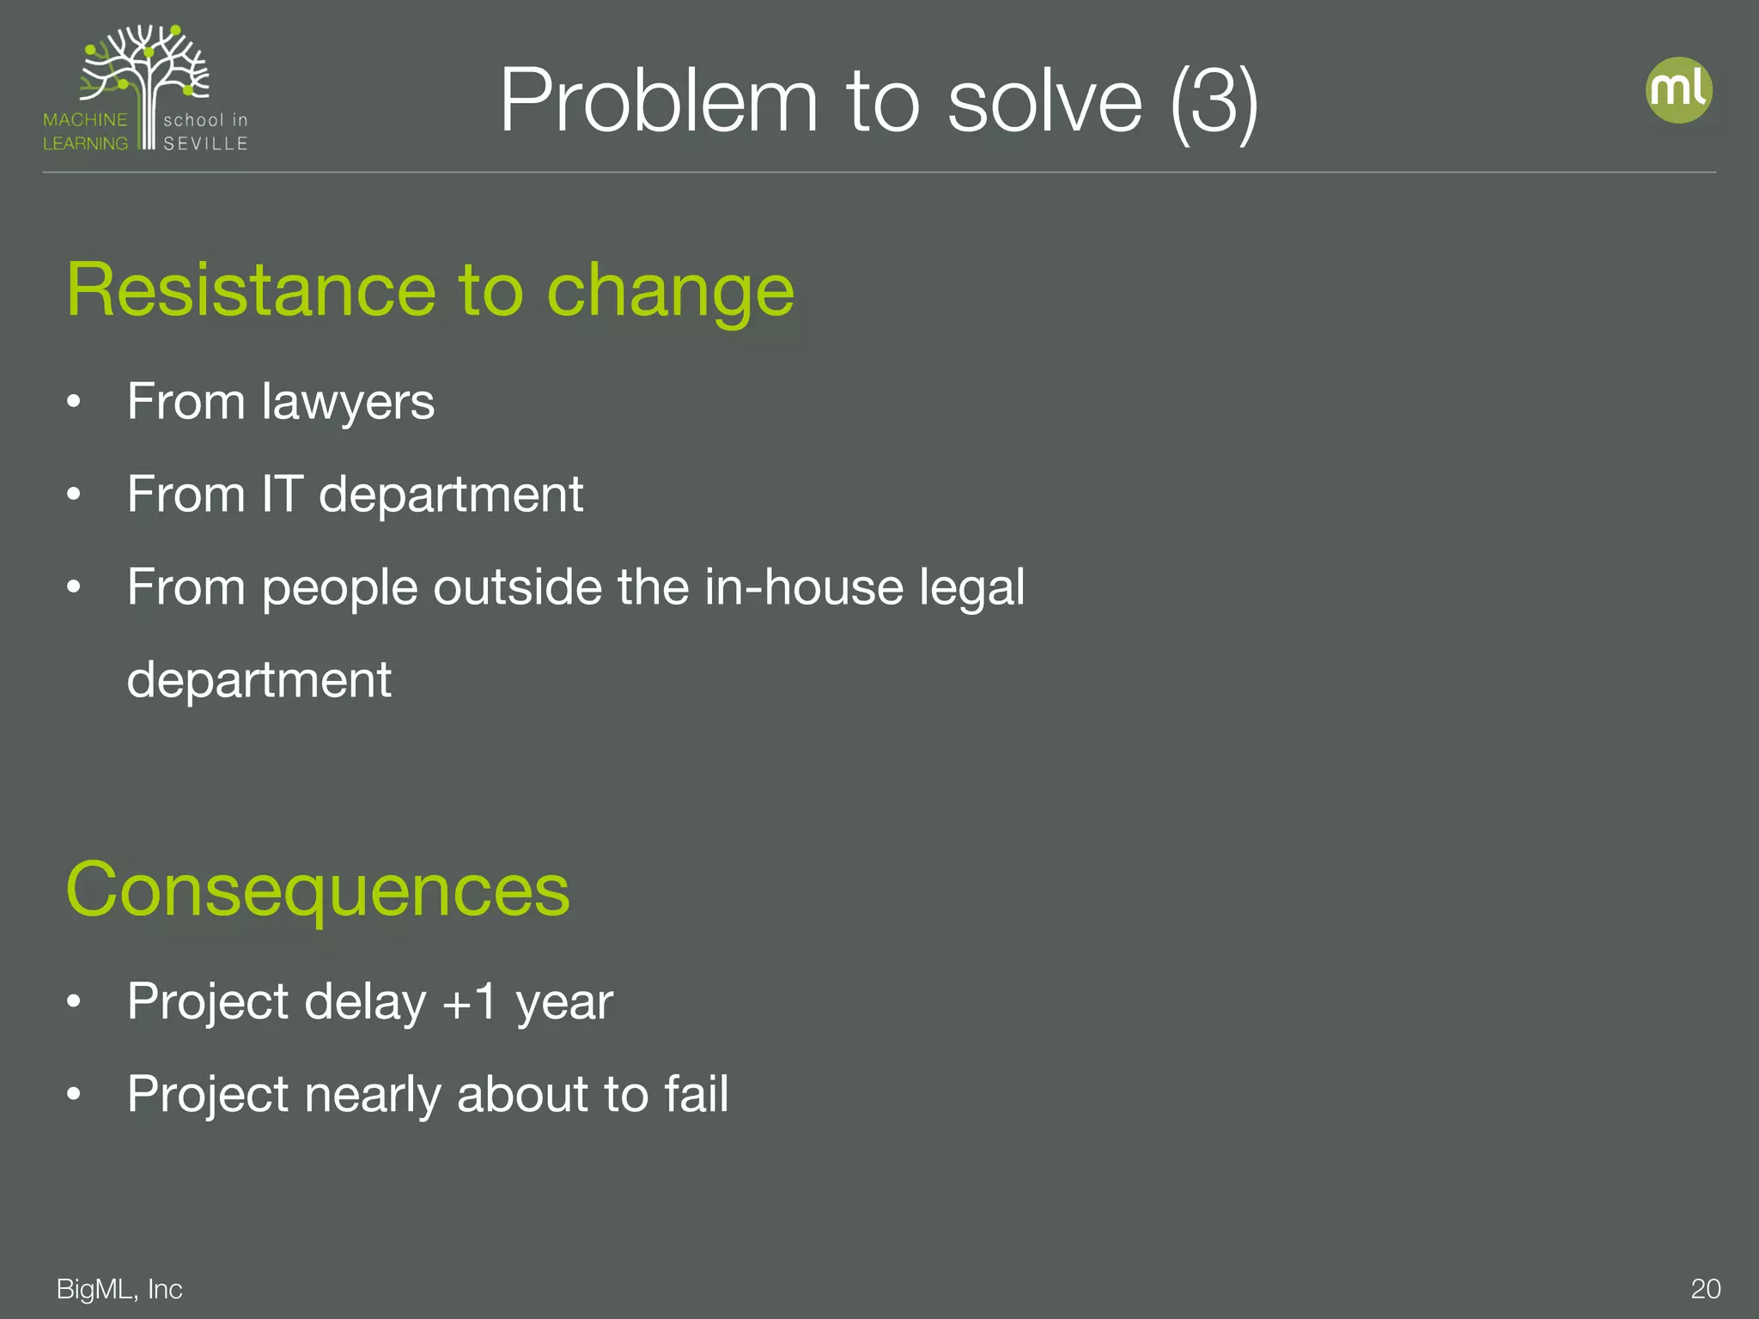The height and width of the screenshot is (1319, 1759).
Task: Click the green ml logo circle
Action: coord(1678,90)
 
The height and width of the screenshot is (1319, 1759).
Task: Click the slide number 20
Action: coord(1705,1289)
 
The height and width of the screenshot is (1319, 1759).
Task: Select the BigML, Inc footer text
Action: coord(119,1289)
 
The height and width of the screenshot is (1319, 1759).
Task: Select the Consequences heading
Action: coord(318,890)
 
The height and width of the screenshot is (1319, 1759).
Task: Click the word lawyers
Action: coord(348,402)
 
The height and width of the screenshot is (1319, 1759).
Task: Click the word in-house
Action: coord(803,587)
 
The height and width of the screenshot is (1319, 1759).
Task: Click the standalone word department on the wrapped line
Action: coord(259,680)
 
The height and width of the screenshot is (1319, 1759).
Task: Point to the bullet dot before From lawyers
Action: coord(74,402)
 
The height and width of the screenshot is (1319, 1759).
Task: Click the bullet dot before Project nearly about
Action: coord(74,1094)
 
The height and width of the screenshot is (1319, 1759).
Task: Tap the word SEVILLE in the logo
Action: coord(205,143)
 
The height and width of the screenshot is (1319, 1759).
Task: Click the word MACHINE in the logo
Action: coord(85,120)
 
